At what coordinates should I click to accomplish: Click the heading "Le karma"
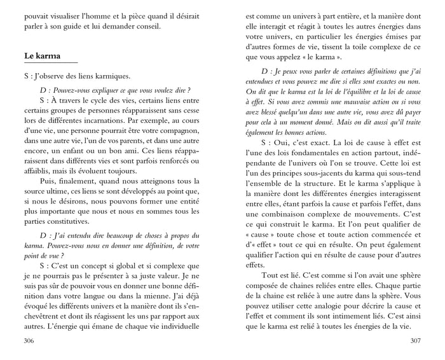(38, 56)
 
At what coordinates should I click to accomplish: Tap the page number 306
(25, 342)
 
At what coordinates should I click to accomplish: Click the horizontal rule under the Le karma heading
(46, 63)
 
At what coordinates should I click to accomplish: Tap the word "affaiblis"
(35, 172)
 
